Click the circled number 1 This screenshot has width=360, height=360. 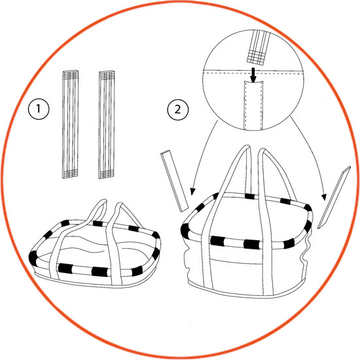(39, 109)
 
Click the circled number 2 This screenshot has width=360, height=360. (177, 109)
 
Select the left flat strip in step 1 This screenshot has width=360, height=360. (70, 124)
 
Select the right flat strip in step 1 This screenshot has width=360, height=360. (107, 124)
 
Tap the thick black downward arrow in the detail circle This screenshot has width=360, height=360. (253, 75)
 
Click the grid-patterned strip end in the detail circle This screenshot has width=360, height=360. (256, 58)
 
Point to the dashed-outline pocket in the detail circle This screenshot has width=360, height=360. (253, 105)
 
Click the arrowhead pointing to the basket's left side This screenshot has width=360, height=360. (192, 192)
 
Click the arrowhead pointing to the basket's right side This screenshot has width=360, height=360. (324, 197)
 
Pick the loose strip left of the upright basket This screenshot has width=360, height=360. (175, 181)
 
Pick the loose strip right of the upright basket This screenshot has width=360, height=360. (334, 198)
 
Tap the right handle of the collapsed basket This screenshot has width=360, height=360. (115, 241)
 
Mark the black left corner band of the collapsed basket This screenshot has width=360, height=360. (33, 259)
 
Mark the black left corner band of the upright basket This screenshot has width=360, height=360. (185, 230)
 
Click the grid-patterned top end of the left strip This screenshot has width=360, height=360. (71, 75)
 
